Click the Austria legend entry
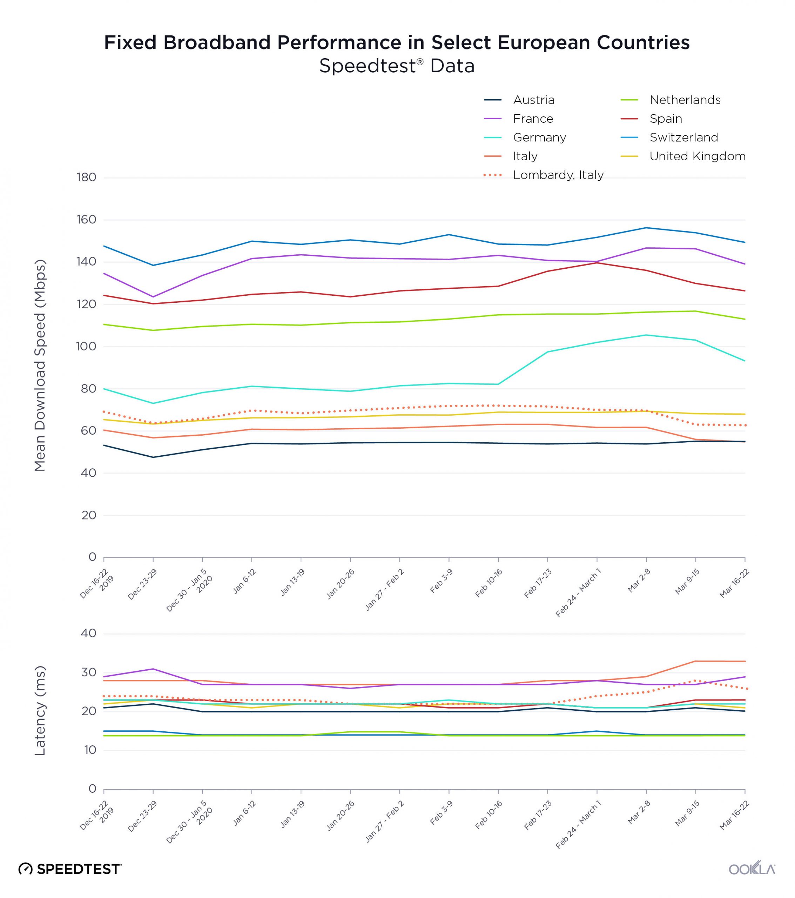[533, 100]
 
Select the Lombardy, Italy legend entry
[558, 175]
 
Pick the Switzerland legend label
[683, 138]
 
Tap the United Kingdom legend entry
[697, 156]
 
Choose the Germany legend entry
[539, 138]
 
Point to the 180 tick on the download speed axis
[86, 177]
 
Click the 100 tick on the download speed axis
[86, 347]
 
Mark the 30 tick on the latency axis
[89, 672]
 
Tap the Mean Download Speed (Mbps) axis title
[40, 366]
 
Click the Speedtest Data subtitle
[397, 66]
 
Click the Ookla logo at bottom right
[752, 869]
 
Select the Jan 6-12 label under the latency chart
[244, 814]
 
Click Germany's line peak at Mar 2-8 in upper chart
[646, 335]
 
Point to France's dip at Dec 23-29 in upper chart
[153, 297]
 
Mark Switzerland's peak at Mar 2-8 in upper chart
[646, 228]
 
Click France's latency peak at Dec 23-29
[153, 669]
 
